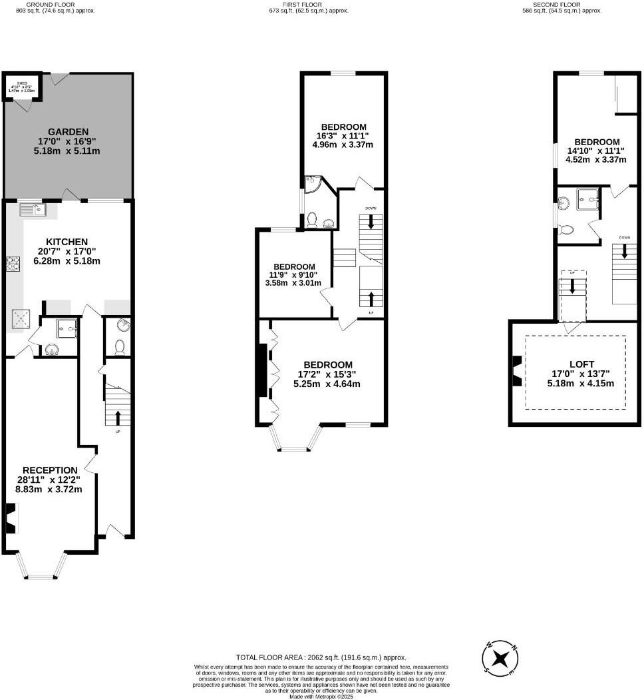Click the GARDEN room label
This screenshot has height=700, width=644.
(x=68, y=132)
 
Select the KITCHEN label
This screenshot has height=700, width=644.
(x=67, y=241)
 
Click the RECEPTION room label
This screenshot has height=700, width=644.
(x=50, y=470)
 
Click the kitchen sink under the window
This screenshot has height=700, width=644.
(x=32, y=210)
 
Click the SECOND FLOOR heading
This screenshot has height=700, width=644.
(x=561, y=5)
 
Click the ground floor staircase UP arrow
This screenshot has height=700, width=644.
(x=118, y=418)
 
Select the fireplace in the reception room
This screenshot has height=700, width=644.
(x=11, y=519)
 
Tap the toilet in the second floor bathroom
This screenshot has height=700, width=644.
(x=567, y=229)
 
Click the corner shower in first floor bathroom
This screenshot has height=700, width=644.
(x=311, y=184)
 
